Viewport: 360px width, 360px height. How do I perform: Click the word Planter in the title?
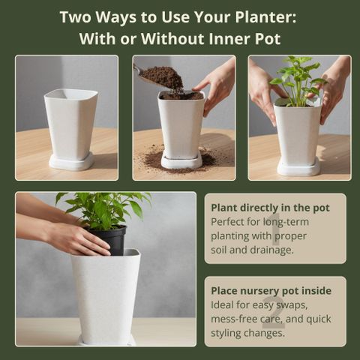point(265,17)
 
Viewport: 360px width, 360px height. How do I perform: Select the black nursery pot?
point(109,240)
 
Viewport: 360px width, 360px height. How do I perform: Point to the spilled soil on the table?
point(181,160)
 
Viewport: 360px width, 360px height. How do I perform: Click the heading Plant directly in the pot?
point(270,208)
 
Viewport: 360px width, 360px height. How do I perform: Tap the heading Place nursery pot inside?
point(271,291)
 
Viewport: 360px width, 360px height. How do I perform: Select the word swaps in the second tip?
point(292,305)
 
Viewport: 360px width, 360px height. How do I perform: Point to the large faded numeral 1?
point(276,229)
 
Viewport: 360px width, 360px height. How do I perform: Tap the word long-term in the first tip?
point(286,222)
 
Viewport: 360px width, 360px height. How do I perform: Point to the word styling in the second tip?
point(226,333)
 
